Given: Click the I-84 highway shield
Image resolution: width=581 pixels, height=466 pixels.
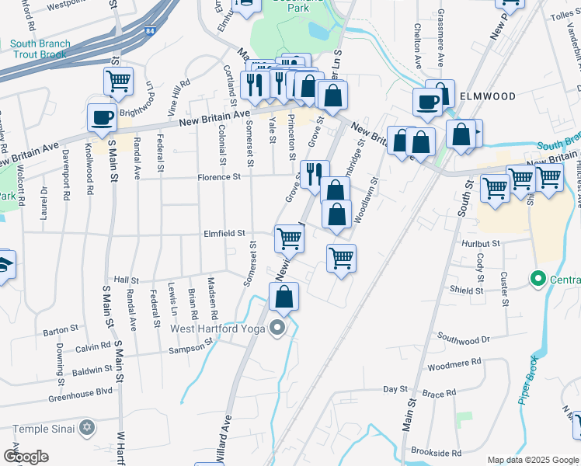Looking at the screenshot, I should [148, 31].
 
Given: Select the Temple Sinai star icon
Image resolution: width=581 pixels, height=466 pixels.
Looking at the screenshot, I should [87, 428].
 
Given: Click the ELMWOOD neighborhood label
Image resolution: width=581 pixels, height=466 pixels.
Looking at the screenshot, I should [488, 96].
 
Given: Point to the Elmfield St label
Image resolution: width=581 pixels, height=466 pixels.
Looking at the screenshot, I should [224, 233].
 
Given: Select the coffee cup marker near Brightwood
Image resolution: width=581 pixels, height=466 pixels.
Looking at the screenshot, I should [101, 117].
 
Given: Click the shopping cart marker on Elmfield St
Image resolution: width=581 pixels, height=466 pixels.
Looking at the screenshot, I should [288, 238].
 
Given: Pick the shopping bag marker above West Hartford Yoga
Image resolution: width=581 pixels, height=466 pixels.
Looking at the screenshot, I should [284, 296].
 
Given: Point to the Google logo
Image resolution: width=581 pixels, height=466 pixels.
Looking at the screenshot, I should [26, 457].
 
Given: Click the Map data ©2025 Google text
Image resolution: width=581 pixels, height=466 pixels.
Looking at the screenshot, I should [532, 460].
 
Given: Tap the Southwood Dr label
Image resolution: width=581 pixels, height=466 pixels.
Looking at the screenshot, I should [464, 339].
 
